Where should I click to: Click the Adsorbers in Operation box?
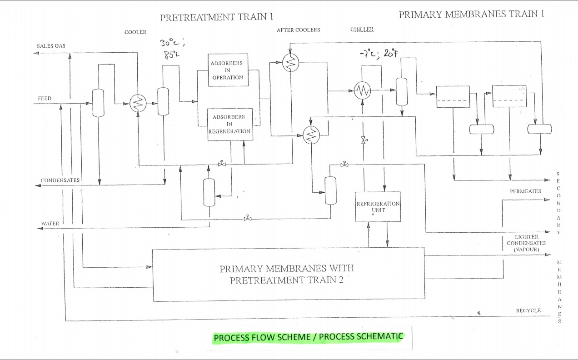point(227,70)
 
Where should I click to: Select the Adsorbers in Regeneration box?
point(229,124)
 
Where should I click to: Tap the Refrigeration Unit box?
point(378,206)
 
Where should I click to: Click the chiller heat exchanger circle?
point(362,91)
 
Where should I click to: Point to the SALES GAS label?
point(51,46)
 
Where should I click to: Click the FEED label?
point(45,99)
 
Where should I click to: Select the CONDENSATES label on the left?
point(60,180)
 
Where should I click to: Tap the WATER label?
point(50,224)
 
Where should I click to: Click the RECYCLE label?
point(528,310)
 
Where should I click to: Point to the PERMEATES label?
point(525,191)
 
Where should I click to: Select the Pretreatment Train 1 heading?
point(217,17)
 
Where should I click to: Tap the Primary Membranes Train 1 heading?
point(471,14)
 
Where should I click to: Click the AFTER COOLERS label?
point(298,30)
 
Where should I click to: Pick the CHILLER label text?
point(362,30)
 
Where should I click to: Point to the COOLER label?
point(135,32)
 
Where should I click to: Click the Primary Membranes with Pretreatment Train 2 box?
point(289,274)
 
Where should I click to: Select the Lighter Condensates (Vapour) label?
point(526,243)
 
